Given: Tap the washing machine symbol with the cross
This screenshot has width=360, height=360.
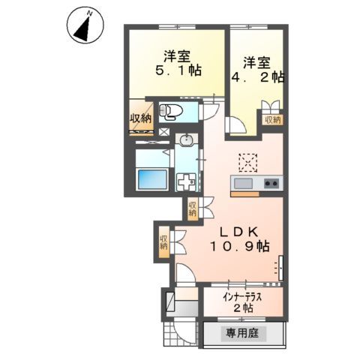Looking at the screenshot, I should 185,180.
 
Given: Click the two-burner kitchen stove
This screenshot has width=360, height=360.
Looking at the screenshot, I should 271,184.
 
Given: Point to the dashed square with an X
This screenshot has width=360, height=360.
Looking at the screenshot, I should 247,161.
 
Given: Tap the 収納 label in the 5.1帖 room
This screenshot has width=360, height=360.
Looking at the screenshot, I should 140,118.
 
